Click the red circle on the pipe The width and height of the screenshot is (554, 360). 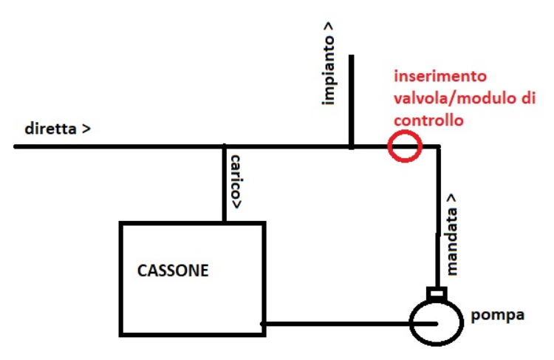coord(405,146)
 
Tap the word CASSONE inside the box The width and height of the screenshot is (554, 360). coord(173,271)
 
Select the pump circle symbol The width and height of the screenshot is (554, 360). coord(436,323)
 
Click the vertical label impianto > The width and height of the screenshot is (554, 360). coord(329,64)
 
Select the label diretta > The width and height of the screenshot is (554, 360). coord(58,129)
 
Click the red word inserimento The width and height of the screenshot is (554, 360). coord(440,77)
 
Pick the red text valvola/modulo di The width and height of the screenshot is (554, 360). coord(464,98)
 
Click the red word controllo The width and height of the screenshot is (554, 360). coord(428,119)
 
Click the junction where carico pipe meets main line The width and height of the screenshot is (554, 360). coord(224,146)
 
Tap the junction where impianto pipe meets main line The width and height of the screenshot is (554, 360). coord(351,146)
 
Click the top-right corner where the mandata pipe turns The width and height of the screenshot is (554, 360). coord(438,147)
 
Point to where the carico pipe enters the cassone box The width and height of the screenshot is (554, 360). coord(224,222)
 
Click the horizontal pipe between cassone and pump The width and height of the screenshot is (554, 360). coord(336,323)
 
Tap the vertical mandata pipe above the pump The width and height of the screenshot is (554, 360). coord(438,222)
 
